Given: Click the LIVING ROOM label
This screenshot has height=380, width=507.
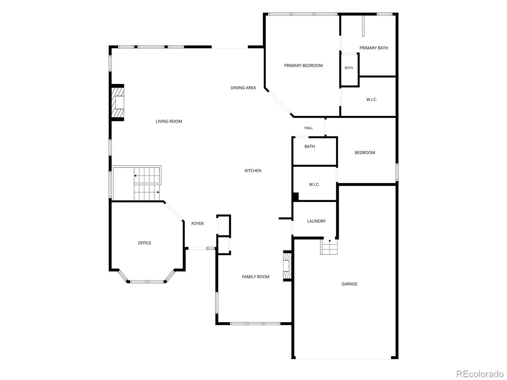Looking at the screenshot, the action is [169, 121].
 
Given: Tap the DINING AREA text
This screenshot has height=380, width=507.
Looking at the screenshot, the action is [243, 88].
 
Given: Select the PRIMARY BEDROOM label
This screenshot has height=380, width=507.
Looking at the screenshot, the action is [303, 66].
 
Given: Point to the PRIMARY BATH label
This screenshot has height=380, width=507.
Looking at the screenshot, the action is [374, 48].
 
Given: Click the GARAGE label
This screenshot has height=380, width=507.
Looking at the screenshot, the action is [349, 284].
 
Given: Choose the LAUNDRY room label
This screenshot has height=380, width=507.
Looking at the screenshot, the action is [316, 221].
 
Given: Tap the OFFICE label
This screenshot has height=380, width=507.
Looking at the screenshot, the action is [144, 243].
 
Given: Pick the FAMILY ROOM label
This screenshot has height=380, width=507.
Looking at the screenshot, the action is [255, 277].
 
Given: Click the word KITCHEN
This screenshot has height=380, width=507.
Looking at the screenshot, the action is [253, 170].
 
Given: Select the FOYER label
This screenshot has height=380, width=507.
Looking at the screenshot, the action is [197, 223].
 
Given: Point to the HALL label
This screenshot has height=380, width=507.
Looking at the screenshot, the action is [308, 128].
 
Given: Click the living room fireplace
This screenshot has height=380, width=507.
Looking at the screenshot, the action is [118, 102].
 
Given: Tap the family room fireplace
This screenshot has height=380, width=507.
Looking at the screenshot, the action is [287, 266].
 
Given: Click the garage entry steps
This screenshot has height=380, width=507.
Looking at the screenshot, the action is [329, 247].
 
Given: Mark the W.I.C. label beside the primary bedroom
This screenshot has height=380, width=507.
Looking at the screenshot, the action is [371, 100].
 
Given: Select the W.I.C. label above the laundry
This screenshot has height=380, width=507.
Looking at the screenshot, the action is [314, 184].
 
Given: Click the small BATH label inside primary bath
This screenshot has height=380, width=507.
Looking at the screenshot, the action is [349, 68].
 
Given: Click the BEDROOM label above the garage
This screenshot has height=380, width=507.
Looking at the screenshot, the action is [365, 153].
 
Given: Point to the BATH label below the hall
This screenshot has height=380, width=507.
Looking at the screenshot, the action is [310, 146].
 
